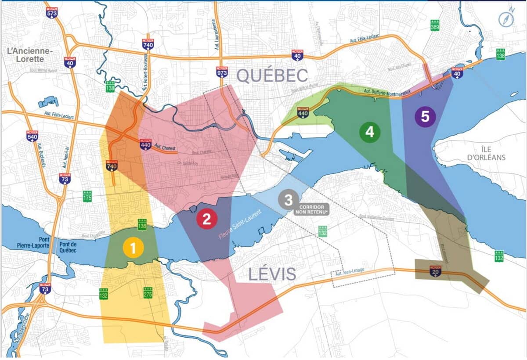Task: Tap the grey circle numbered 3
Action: pos(288,200)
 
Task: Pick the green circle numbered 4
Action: pos(369,132)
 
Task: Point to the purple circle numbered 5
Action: pos(425,116)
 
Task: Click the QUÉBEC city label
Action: pos(272,76)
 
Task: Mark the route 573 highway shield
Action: pos(52,12)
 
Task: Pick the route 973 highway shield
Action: pos(222,72)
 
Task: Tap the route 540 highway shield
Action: pos(32,136)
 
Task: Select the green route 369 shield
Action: pos(435,26)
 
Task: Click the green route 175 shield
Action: pos(87,196)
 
